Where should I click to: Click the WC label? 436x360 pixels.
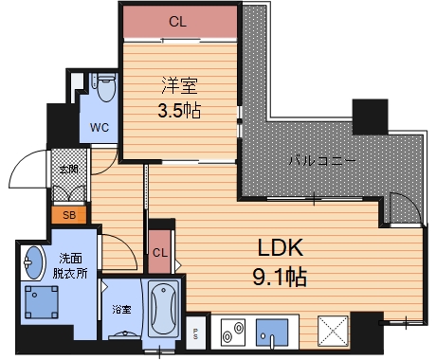[x=100, y=128]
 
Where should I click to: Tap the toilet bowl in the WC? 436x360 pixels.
[x=105, y=87]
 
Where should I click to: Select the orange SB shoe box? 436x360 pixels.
[x=69, y=215]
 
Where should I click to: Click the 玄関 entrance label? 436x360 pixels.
[x=69, y=170]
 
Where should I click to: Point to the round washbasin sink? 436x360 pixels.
[x=33, y=262]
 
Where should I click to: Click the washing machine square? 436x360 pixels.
[x=42, y=302]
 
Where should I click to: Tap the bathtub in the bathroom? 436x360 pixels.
[x=163, y=310]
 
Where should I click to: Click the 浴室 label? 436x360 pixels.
[x=121, y=310]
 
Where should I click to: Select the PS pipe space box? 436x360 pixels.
[x=195, y=333]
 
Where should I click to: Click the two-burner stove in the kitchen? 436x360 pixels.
[x=233, y=331]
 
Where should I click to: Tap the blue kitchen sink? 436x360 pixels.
[x=272, y=333]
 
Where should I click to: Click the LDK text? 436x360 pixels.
[x=281, y=248]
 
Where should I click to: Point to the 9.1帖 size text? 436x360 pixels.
[x=280, y=277]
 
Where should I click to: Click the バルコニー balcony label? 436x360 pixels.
[x=322, y=161]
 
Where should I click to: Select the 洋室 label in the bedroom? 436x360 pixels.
[x=179, y=85]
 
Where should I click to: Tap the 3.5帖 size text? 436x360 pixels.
[x=179, y=111]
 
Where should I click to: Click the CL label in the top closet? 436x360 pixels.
[x=177, y=22]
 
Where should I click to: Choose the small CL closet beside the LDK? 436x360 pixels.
[x=160, y=252]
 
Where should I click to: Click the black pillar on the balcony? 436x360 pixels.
[x=370, y=117]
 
